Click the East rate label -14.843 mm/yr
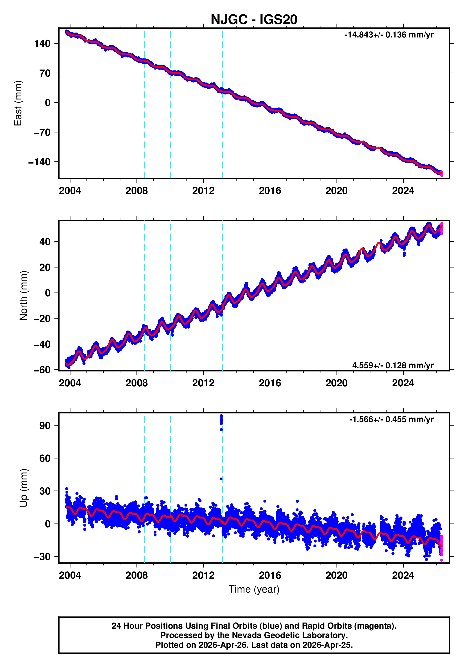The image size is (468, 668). pyautogui.click(x=389, y=35)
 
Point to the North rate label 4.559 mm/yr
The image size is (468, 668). pyautogui.click(x=392, y=365)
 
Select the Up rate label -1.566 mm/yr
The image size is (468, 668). pyautogui.click(x=391, y=419)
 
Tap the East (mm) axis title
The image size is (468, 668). pyautogui.click(x=18, y=103)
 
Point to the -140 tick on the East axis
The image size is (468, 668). pyautogui.click(x=39, y=162)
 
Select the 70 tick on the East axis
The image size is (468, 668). pyautogui.click(x=45, y=73)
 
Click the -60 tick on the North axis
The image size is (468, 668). pyautogui.click(x=42, y=370)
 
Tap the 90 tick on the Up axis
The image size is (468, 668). pyautogui.click(x=45, y=426)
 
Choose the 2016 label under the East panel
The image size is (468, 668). pyautogui.click(x=270, y=191)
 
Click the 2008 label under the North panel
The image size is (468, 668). pyautogui.click(x=136, y=383)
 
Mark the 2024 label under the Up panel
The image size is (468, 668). pyautogui.click(x=403, y=575)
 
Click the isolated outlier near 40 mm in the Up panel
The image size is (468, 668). pyautogui.click(x=221, y=479)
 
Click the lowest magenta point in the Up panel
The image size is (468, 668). pyautogui.click(x=442, y=560)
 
